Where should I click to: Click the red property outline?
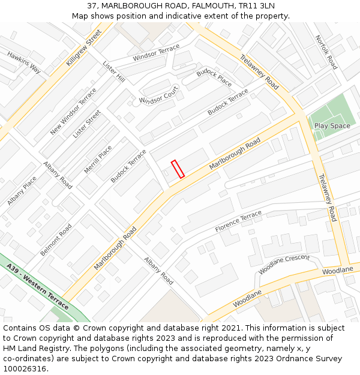click(x=178, y=169)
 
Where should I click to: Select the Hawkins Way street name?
click(x=25, y=62)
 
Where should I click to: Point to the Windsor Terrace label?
click(x=156, y=53)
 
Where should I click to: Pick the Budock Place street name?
click(x=214, y=78)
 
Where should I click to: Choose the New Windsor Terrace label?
click(x=73, y=111)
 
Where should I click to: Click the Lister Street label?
click(x=87, y=124)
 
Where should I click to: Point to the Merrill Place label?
click(x=98, y=160)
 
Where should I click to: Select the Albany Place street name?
click(x=22, y=191)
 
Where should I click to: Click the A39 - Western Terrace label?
click(x=38, y=287)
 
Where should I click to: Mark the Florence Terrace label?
click(x=238, y=221)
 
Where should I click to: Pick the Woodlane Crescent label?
click(x=284, y=264)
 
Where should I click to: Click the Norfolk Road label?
click(x=327, y=52)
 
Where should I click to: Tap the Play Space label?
click(x=332, y=126)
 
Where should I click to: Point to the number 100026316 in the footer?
click(x=25, y=368)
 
